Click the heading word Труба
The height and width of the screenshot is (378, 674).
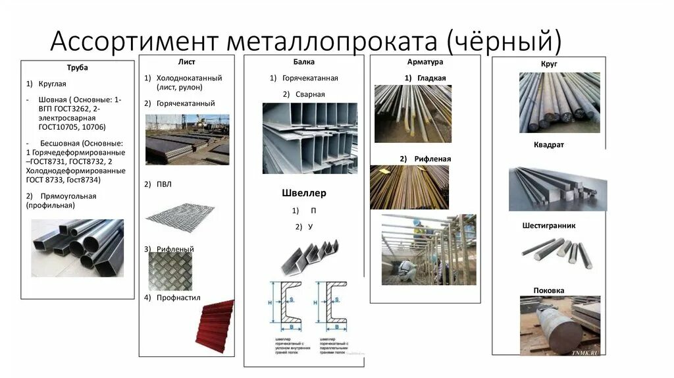(x=77, y=68)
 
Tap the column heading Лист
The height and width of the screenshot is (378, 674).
(x=186, y=62)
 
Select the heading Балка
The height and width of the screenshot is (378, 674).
(x=304, y=62)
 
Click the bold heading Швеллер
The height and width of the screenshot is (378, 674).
(x=303, y=193)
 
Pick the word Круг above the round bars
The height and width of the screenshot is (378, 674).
(x=549, y=64)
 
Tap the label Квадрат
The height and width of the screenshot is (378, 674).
(x=549, y=145)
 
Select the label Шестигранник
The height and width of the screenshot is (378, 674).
(x=549, y=225)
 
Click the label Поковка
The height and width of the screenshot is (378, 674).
(x=549, y=290)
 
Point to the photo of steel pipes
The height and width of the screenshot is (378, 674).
(x=78, y=247)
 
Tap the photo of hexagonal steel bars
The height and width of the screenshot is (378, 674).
(x=556, y=252)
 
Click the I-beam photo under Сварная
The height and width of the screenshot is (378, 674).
(x=309, y=138)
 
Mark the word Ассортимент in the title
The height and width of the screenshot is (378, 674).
(x=133, y=40)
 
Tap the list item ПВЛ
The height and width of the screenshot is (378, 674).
(x=164, y=184)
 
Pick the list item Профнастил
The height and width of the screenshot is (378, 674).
(x=178, y=298)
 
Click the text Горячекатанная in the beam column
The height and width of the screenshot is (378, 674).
(x=310, y=78)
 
